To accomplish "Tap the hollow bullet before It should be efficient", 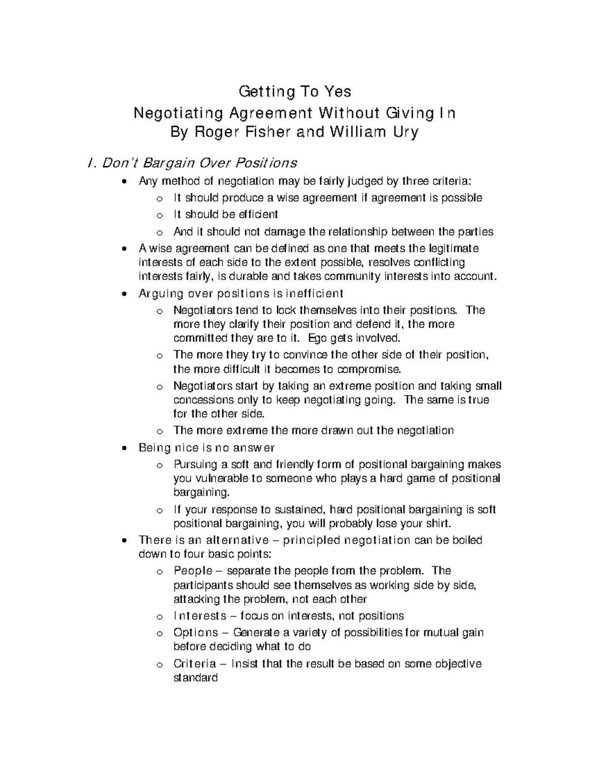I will (x=158, y=215).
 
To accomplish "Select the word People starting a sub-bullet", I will (x=193, y=571).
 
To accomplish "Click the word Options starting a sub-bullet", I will (x=195, y=632).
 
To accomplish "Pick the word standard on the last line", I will (x=195, y=677).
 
